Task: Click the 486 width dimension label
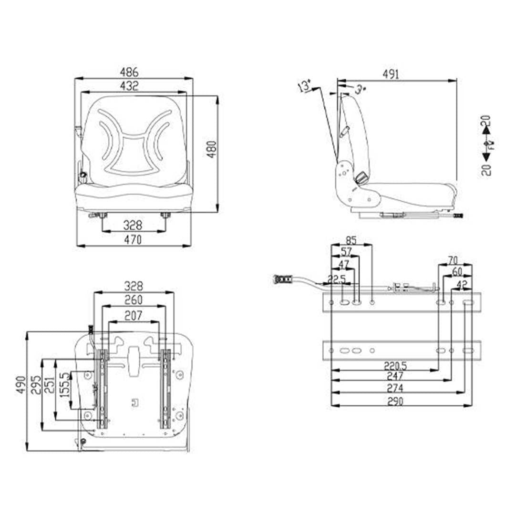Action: point(129,72)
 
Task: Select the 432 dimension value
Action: point(129,86)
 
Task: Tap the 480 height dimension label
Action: point(212,149)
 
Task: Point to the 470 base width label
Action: point(133,240)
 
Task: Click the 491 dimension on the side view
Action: point(391,74)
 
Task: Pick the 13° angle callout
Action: point(304,87)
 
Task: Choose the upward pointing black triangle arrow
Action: point(486,128)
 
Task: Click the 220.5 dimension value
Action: point(395,366)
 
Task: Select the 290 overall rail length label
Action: point(395,401)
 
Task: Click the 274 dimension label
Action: point(395,388)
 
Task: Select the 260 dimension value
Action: point(134,301)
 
